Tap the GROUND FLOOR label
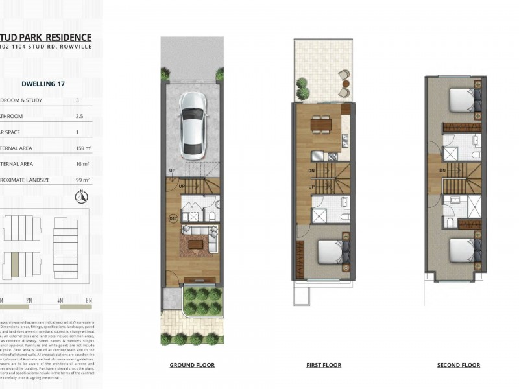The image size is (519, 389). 192,365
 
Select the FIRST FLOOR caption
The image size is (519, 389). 324,365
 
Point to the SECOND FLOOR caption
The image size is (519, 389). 458,365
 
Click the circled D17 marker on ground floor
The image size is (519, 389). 173,220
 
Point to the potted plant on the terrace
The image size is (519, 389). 302,84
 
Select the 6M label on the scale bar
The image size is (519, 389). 88,300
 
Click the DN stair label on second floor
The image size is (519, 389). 441,171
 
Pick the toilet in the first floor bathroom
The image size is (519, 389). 344,216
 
